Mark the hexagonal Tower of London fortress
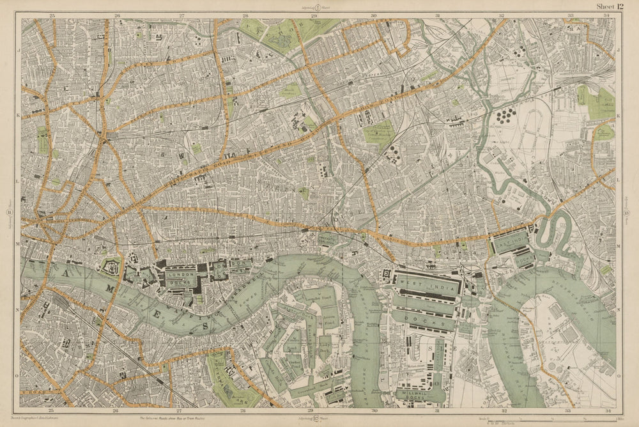110,265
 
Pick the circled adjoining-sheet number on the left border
9,213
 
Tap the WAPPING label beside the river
192,307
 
